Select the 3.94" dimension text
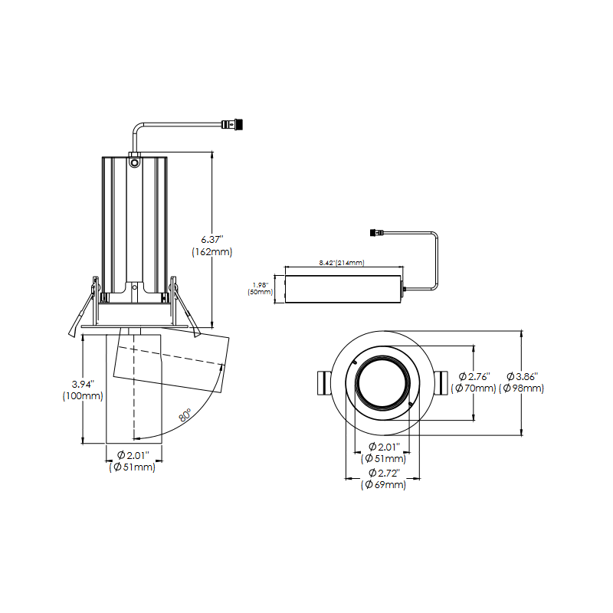click(81, 383)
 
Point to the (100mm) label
click(81, 396)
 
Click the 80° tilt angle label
click(185, 416)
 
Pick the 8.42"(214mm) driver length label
click(341, 263)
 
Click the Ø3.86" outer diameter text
click(523, 376)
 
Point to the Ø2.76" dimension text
click(474, 376)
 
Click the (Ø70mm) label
click(474, 388)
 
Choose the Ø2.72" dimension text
click(383, 472)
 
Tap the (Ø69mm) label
click(383, 484)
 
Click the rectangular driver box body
click(343, 289)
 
